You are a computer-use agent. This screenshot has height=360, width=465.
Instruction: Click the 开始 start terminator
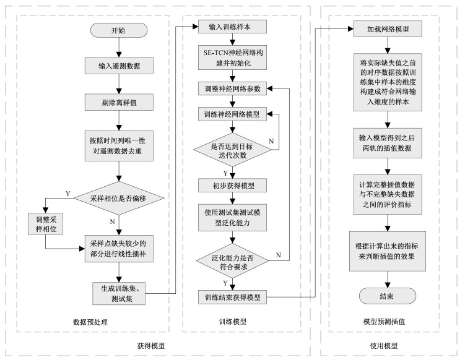(x=119, y=30)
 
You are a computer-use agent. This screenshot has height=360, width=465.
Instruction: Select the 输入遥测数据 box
(x=119, y=66)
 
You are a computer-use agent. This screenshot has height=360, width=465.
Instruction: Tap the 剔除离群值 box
(x=119, y=102)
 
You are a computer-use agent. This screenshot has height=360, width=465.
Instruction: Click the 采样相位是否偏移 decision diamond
(x=119, y=198)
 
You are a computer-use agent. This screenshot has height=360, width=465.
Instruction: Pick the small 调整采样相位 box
(x=46, y=224)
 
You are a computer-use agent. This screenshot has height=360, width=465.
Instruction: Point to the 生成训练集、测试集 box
(x=119, y=293)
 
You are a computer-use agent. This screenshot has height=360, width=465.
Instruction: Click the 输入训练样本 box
(x=232, y=27)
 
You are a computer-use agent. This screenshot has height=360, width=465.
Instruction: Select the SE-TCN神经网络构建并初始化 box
(x=232, y=58)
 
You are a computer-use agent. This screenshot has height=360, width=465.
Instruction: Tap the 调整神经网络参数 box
(x=232, y=88)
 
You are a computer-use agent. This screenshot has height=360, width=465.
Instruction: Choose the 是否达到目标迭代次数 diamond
(x=232, y=150)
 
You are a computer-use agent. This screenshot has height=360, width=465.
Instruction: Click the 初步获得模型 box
(x=232, y=186)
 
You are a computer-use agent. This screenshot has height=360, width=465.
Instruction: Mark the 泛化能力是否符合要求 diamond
(x=232, y=261)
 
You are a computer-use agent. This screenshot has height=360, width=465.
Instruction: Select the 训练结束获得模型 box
(x=232, y=297)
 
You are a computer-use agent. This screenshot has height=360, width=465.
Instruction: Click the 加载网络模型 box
(x=388, y=28)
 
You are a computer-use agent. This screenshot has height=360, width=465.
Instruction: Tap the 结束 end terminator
(x=388, y=296)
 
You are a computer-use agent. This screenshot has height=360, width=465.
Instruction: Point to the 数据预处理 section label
(x=90, y=322)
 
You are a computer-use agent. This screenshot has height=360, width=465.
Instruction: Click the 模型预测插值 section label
(x=384, y=322)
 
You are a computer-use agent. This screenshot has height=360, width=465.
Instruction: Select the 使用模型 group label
(x=384, y=346)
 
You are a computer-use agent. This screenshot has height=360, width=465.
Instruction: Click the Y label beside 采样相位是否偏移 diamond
(x=68, y=194)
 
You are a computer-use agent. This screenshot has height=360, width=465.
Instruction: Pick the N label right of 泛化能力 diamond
(x=278, y=255)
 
